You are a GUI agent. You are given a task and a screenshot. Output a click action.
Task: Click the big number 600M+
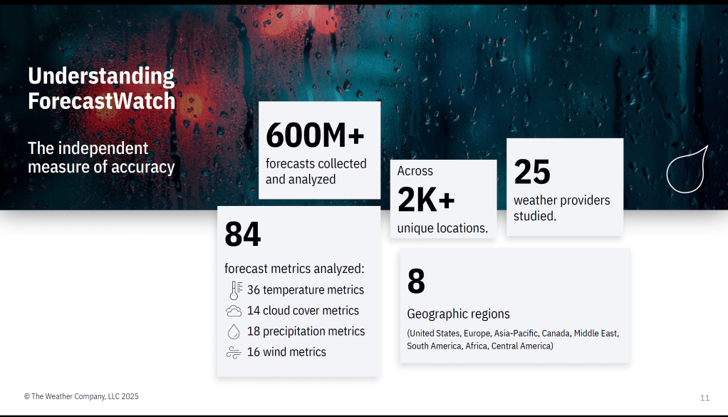316,135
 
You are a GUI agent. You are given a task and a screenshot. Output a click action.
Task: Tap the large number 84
243,235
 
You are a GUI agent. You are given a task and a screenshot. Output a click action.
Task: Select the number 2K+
426,200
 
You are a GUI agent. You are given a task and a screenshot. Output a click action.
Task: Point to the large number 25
532,172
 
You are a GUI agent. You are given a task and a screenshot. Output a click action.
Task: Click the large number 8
416,282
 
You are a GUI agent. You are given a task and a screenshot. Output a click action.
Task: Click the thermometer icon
235,290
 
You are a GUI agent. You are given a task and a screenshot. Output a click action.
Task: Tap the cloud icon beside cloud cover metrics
234,311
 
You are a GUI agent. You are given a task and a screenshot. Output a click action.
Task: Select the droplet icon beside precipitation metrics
234,331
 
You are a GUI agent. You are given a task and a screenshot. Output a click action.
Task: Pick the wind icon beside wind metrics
234,353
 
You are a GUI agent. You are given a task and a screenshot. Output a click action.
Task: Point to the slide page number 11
704,398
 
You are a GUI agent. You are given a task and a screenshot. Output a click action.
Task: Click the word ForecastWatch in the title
102,101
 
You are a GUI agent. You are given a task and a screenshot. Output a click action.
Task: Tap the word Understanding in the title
101,76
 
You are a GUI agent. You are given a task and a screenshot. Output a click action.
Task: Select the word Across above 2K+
415,171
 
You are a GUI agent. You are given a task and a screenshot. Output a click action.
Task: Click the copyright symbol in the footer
27,396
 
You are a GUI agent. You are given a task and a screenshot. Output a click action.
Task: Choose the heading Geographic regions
458,314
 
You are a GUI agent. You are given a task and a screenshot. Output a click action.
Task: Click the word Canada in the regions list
556,334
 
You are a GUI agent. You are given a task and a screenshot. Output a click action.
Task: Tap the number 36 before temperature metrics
254,290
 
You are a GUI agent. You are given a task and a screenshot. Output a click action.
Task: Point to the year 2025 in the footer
130,396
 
